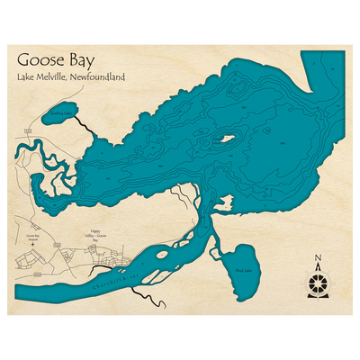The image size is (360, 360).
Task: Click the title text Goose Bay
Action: [55, 61]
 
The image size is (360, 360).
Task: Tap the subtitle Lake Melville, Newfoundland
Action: [70, 78]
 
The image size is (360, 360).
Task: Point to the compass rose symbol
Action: [317, 284]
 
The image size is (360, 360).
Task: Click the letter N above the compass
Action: [317, 261]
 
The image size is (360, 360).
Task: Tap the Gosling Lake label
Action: [57, 115]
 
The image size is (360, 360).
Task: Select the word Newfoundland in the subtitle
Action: [100, 78]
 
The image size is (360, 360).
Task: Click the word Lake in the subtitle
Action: [25, 78]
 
